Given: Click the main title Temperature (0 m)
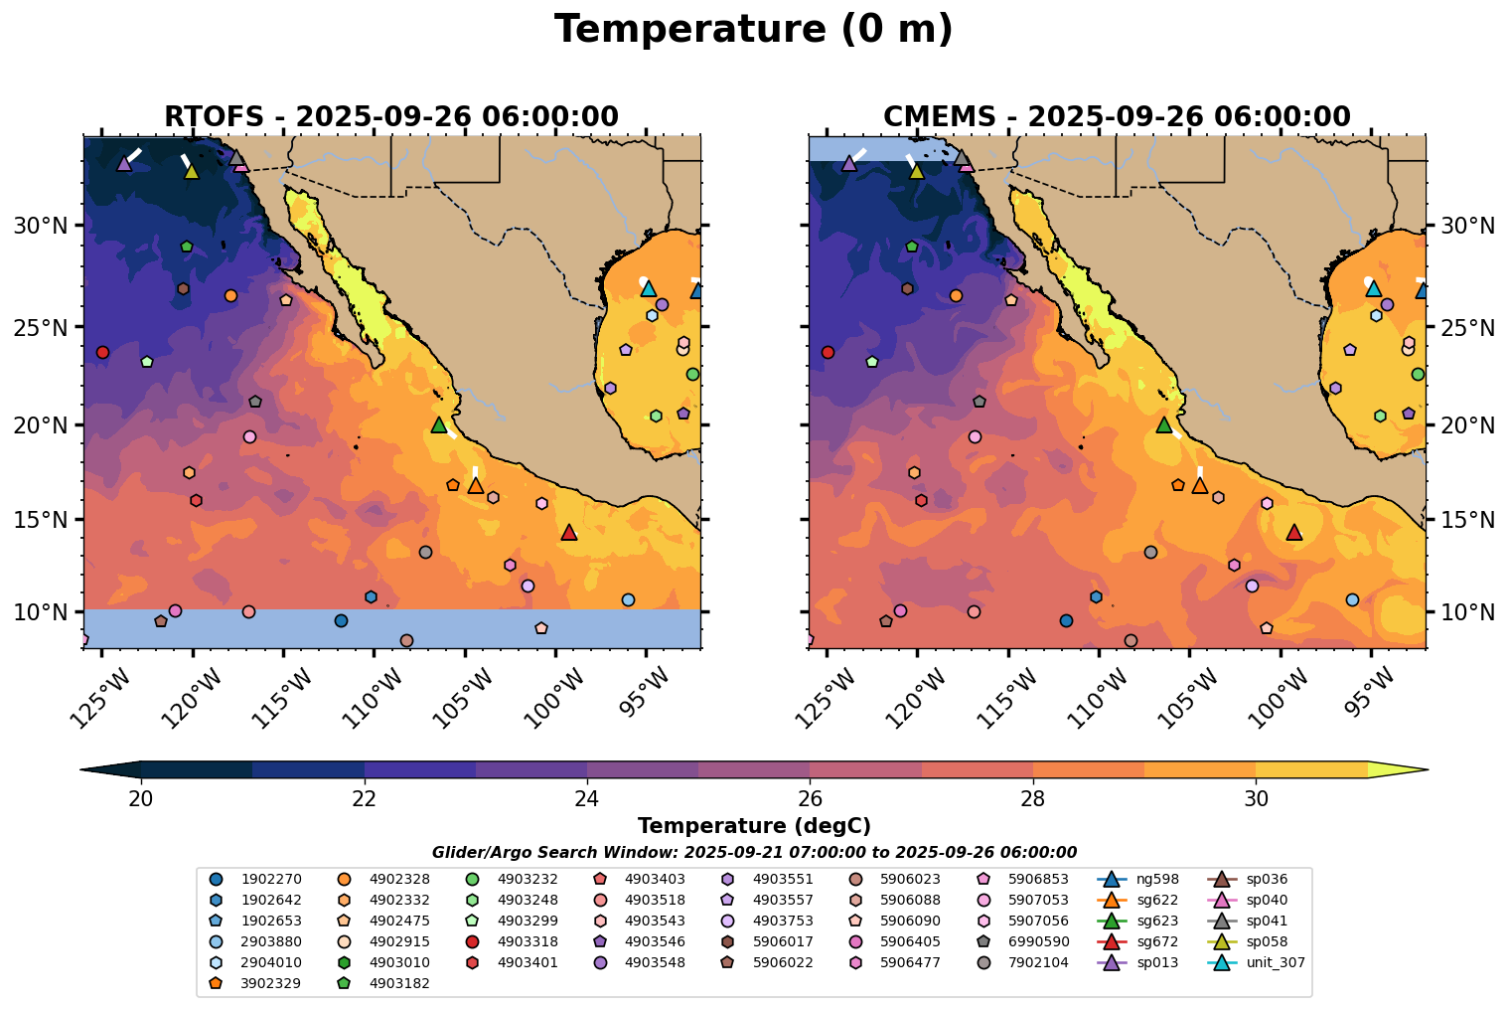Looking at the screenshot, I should click(x=753, y=30).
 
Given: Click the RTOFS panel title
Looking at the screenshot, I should click(x=391, y=117).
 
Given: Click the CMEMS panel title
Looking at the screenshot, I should click(x=1117, y=117).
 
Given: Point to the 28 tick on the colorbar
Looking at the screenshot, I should click(x=1033, y=799).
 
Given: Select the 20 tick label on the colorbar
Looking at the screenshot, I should click(x=141, y=799).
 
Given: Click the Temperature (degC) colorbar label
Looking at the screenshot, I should click(x=753, y=826).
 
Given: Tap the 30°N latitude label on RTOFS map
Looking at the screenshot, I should click(x=41, y=227).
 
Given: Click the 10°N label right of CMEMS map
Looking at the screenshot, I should click(x=1467, y=612).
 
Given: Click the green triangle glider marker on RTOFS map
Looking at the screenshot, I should click(x=439, y=424).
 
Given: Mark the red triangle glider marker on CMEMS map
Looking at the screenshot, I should click(x=1293, y=533).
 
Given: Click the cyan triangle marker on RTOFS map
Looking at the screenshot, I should click(x=648, y=288).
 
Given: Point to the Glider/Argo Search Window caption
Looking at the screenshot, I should click(x=753, y=852).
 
